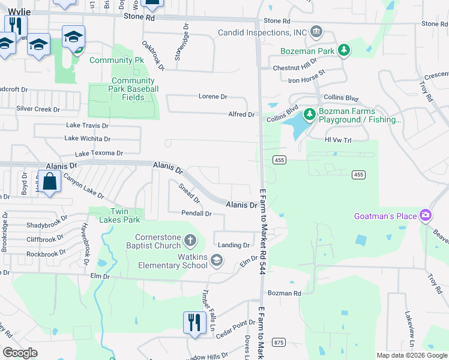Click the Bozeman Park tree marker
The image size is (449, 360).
[345, 50]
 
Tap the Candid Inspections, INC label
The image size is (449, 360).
[262, 32]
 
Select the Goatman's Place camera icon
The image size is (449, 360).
[426, 215]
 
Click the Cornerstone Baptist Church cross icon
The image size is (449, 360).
[190, 241]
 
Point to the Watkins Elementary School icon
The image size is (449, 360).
[216, 260]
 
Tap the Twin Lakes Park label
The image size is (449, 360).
[116, 215]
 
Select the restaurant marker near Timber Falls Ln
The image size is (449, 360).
[194, 322]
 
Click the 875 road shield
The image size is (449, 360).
[278, 342]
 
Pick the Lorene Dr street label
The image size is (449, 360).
[213, 96]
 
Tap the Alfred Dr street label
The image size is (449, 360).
[242, 114]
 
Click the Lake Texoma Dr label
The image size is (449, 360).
[98, 154]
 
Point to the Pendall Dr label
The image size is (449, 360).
[197, 213]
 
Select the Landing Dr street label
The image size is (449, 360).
[234, 245]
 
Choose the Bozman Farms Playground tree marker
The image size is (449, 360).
[309, 114]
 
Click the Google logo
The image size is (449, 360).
[20, 353]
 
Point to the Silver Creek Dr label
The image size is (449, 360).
[38, 109]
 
